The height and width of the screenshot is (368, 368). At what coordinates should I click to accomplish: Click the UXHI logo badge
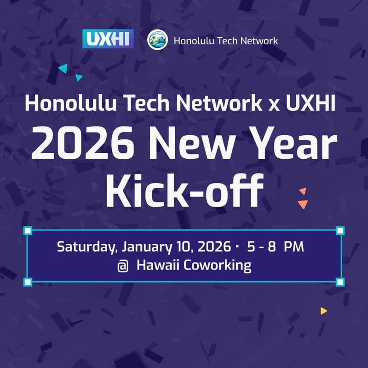108,39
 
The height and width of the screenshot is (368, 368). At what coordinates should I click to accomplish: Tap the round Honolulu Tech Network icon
157,40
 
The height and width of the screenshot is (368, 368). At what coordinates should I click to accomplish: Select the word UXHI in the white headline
311,102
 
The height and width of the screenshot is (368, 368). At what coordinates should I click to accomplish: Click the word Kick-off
184,190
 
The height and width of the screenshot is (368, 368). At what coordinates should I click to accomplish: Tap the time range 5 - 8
261,247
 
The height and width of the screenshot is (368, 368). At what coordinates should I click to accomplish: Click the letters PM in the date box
293,247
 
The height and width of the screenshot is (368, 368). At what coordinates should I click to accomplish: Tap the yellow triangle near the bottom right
323,311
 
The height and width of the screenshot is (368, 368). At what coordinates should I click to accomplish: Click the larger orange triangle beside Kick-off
303,204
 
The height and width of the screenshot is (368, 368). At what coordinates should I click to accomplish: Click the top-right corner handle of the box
340,230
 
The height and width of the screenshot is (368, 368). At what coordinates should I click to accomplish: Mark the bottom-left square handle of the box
28,282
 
